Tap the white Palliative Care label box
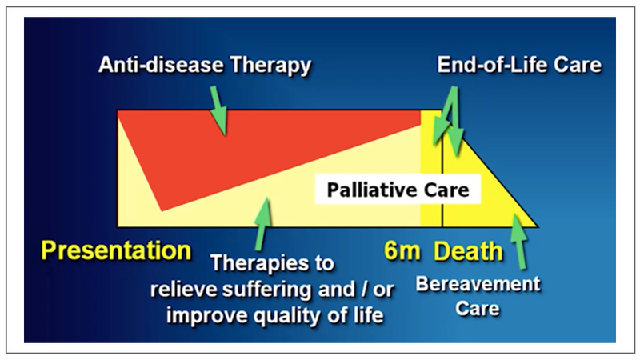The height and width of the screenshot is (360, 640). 398,190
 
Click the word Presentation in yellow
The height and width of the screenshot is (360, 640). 116,250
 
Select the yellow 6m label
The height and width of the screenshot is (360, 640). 402,250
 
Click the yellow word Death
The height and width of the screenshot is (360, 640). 468,250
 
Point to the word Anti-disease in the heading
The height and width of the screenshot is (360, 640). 162,65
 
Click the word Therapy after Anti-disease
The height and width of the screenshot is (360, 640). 270,66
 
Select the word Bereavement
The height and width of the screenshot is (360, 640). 478,284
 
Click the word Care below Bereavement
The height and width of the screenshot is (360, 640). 477,309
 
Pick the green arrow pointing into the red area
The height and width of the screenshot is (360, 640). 218,110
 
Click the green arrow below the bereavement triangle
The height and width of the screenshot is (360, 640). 518,242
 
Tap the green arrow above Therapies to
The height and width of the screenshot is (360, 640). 263,224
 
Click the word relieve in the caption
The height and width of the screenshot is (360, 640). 184,290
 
